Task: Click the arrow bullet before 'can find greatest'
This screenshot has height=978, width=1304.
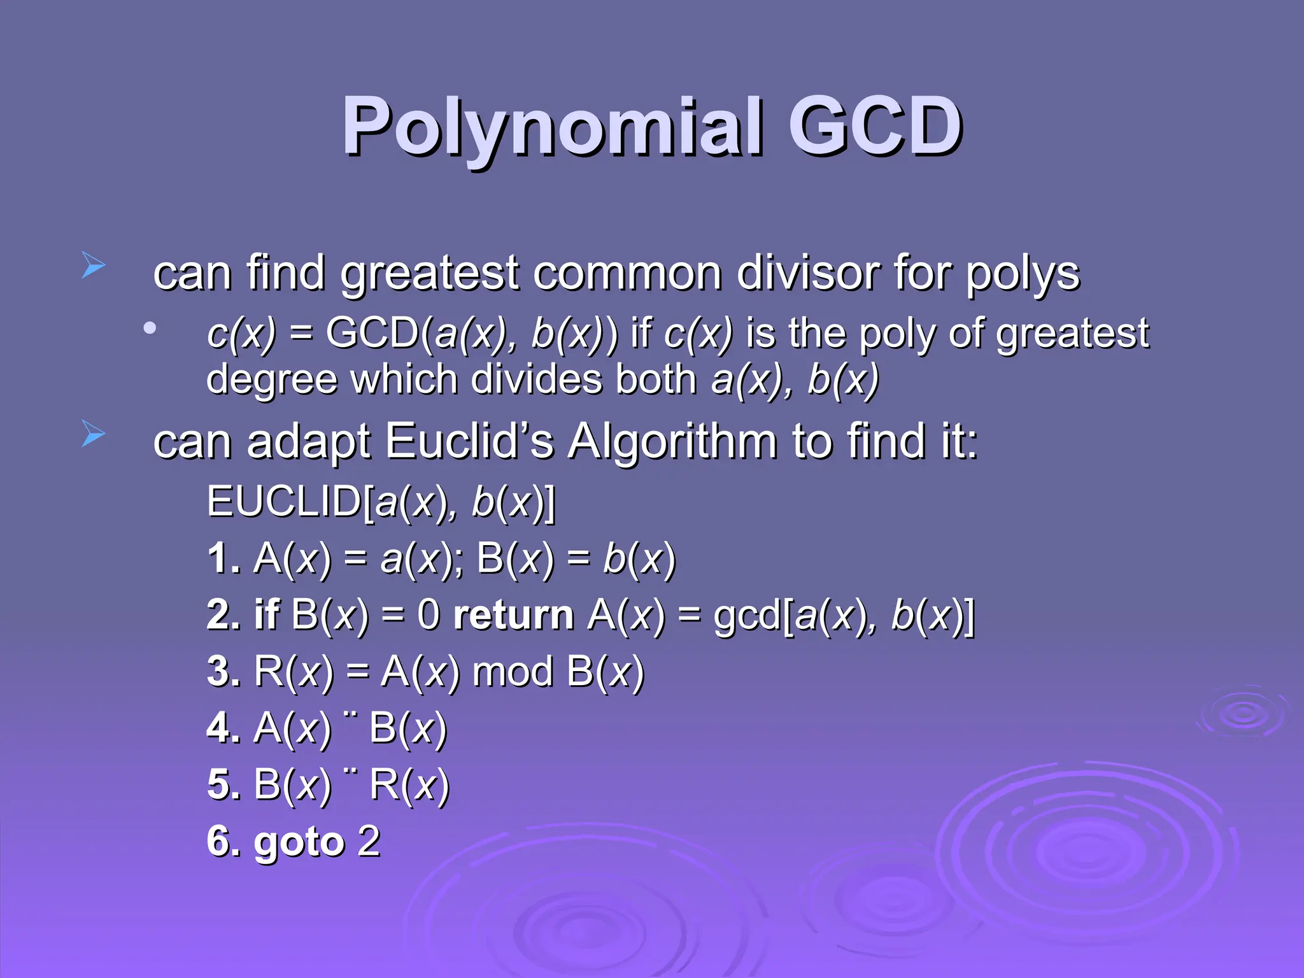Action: tap(93, 266)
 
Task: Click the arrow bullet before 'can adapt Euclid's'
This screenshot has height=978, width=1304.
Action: tap(93, 434)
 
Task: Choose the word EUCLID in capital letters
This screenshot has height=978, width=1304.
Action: tap(284, 502)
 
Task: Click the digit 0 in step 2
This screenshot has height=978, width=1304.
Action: tap(429, 615)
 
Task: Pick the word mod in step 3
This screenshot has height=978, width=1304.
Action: tap(513, 672)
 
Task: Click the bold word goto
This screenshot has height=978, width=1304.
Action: tap(299, 842)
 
